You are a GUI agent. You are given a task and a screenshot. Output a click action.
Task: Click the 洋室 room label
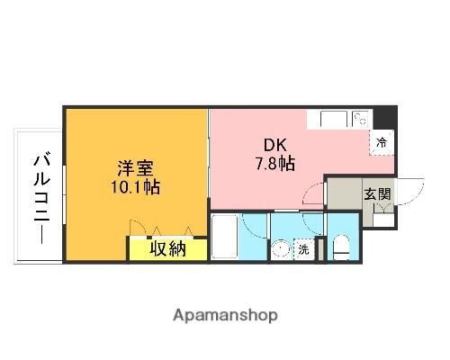coord(136,168)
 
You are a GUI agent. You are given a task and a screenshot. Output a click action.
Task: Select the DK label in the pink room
coord(274,144)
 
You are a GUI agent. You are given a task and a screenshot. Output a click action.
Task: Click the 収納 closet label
coord(167,248)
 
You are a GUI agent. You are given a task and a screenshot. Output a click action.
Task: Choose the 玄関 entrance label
coord(376,193)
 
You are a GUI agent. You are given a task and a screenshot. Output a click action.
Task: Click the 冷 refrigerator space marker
coord(382,142)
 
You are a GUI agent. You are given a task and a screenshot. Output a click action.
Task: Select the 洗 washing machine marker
coord(304,249)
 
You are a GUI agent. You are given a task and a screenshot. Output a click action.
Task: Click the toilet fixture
coord(340,247)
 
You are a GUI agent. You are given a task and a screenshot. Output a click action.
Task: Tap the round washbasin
coord(281,249)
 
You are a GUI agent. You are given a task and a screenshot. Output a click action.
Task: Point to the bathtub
coord(225,238)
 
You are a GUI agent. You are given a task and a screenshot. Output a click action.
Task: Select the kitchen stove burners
coord(360,118)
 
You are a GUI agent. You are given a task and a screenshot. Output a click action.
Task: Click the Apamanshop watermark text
coord(224,315)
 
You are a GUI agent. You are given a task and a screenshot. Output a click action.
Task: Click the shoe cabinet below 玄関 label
coord(382,212)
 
